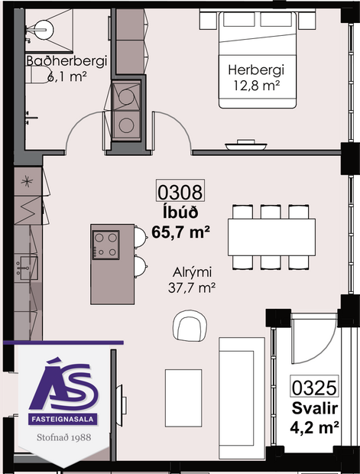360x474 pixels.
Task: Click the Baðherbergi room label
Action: [x=66, y=60]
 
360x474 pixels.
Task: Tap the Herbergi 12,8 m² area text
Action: [x=256, y=86]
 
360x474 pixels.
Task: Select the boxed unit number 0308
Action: [x=180, y=191]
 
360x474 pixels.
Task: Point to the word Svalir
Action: [x=314, y=409]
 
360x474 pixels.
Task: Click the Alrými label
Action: [x=193, y=272]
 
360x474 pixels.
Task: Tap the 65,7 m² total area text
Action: [x=180, y=232]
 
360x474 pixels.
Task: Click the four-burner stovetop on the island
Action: [x=105, y=245]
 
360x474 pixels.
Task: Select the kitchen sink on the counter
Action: [x=27, y=268]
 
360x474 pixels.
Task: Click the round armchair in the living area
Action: [x=190, y=326]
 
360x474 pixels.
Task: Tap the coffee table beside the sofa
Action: [x=183, y=398]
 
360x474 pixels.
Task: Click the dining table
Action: [x=271, y=237]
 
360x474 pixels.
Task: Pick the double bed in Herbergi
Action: [x=258, y=60]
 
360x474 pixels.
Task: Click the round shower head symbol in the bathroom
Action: [x=44, y=30]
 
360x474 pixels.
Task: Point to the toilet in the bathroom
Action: [x=37, y=75]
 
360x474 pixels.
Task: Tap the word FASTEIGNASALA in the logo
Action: [x=63, y=419]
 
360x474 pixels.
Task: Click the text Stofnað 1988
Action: [x=63, y=437]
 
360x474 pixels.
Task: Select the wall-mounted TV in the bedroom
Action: [x=246, y=145]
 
